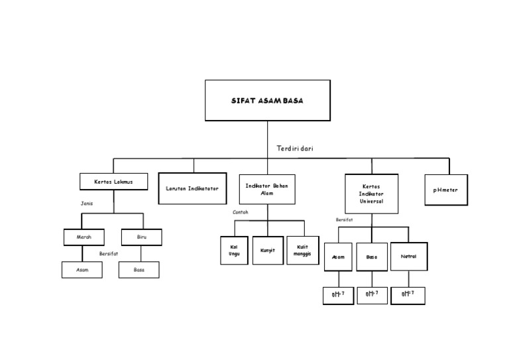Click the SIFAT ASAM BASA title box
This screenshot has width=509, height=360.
267,101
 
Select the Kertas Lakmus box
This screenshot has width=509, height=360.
113,181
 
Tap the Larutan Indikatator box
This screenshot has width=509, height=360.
192,188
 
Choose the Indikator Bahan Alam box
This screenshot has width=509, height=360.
266,188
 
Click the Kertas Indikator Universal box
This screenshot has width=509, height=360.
372,193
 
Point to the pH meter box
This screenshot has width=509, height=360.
445,190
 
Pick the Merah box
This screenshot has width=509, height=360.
84,237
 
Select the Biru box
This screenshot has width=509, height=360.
141,237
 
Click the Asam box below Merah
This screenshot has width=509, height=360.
82,270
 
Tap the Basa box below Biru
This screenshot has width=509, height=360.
139,270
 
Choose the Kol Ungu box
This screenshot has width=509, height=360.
234,250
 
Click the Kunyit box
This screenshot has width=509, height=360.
268,250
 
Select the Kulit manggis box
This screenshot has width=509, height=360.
302,250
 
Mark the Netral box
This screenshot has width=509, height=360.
408,257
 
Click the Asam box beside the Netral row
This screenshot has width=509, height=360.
338,257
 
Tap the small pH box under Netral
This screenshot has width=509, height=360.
408,294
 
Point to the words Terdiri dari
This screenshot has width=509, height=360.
295,149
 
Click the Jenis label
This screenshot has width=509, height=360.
87,204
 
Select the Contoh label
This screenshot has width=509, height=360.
241,212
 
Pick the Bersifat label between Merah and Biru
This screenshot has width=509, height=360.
109,253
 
